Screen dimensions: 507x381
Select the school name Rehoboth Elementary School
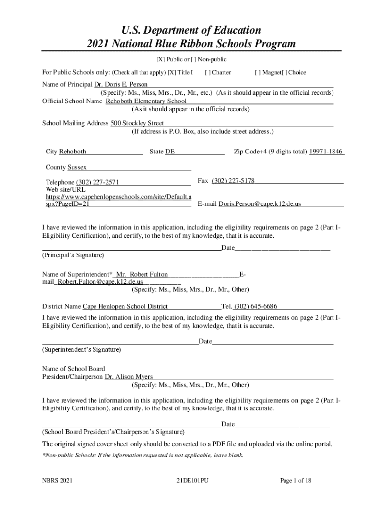pos(146,101)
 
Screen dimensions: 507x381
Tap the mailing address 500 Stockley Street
pos(137,123)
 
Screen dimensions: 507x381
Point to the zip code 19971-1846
pos(326,152)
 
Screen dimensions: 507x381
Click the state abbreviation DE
pos(170,152)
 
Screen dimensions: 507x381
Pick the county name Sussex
pos(77,168)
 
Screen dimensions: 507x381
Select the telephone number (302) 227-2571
pos(97,182)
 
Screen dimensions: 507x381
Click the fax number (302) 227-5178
pos(233,181)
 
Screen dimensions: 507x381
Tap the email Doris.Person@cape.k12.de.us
pos(260,204)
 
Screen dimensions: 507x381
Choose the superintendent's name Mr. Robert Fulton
pos(142,274)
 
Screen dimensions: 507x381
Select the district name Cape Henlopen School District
pos(125,306)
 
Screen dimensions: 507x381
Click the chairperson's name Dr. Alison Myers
pos(129,377)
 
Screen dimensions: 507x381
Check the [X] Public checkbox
pos(161,60)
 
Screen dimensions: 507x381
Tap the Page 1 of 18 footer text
pos(295,480)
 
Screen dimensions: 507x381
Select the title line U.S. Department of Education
pos(191,30)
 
